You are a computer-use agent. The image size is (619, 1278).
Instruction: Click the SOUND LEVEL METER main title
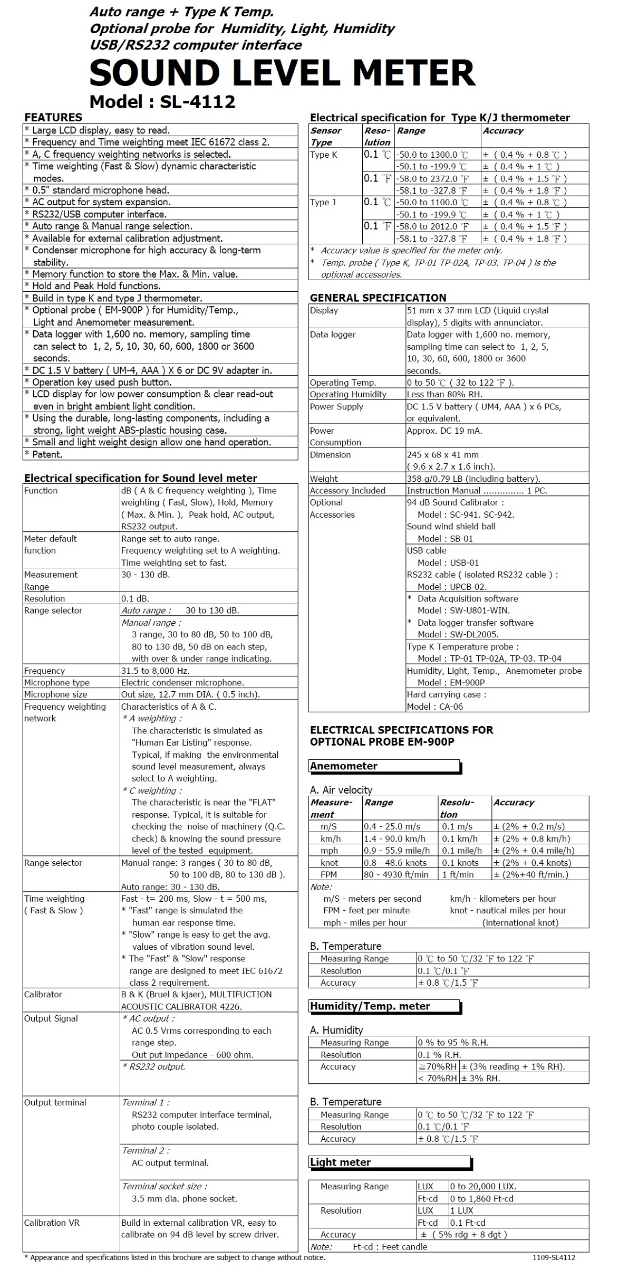pos(282,73)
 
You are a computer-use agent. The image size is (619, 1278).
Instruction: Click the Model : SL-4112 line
pos(162,102)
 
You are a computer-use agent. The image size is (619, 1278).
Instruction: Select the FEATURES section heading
pos(53,117)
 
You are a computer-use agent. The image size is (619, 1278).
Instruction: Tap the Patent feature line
pos(47,454)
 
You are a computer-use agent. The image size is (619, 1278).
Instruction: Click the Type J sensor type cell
pos(323,203)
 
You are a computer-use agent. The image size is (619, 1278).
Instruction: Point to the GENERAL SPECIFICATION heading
pos(378,298)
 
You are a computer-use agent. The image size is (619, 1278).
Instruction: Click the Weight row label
pos(324,479)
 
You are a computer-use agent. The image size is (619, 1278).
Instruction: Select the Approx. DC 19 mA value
pos(444,431)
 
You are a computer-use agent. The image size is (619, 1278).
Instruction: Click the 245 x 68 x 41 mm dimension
pos(443,454)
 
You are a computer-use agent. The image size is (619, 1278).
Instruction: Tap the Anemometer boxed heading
pos(344,766)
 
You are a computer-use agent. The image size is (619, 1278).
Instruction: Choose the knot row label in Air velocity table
pos(330,863)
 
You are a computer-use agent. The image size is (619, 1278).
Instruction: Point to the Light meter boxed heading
pos(340,1162)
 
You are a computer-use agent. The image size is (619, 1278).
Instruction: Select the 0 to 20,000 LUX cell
pos(483,1186)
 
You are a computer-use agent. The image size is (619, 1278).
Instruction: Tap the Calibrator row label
pos(43,994)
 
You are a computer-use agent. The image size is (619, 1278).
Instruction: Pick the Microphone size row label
pos(55,694)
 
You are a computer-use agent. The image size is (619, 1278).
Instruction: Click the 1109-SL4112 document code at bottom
pos(554,1258)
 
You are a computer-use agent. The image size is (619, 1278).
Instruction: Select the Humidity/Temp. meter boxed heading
pos(370,1006)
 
